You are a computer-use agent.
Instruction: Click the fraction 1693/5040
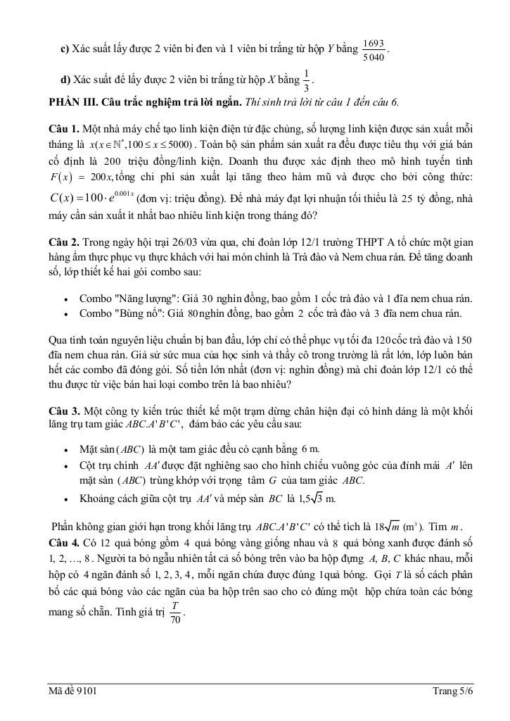(x=374, y=50)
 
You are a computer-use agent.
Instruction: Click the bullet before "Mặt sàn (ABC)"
(x=65, y=449)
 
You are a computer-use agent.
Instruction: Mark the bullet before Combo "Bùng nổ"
(x=65, y=313)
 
